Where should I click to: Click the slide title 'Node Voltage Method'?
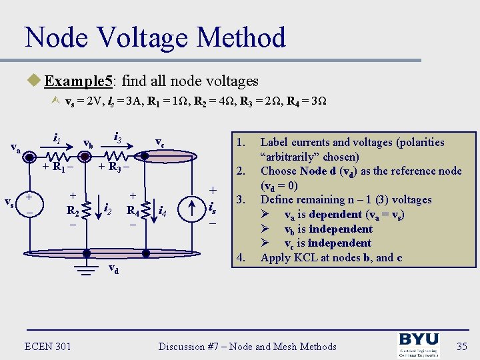coord(155,38)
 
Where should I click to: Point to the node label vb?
coord(87,143)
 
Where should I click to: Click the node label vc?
coord(160,142)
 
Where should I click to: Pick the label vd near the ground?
coord(114,269)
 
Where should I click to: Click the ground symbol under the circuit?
coord(85,271)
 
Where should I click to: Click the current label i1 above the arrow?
coord(57,139)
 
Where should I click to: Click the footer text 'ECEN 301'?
coord(48,345)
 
